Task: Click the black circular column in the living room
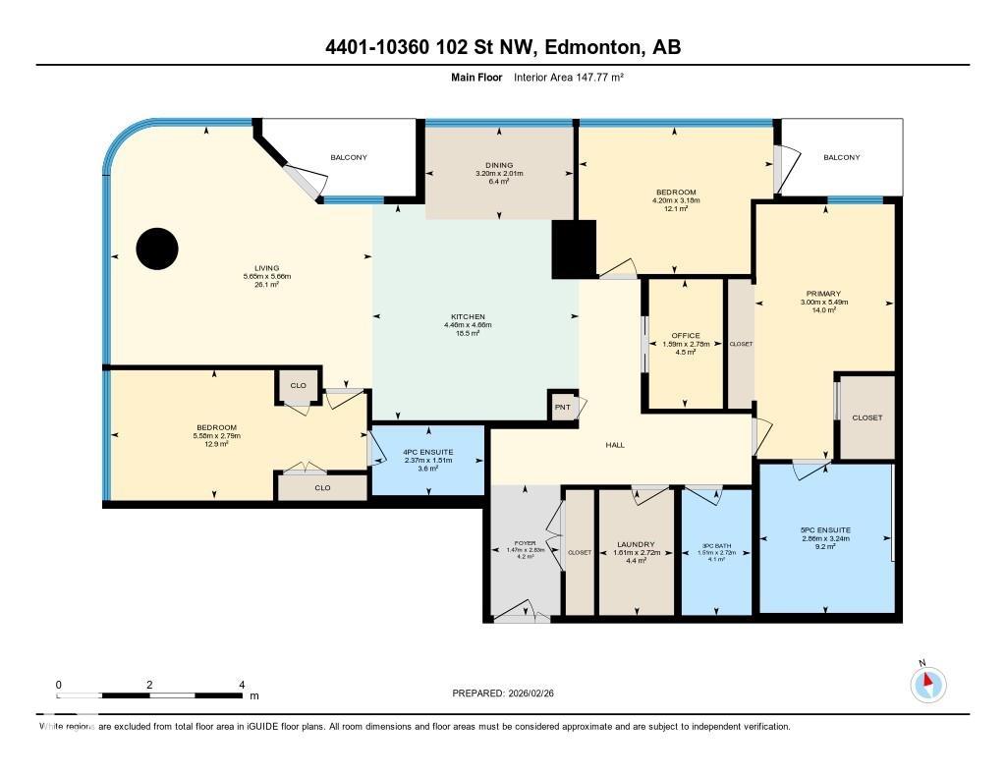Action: coord(157,249)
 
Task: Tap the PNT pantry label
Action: coord(563,407)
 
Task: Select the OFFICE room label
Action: coord(686,336)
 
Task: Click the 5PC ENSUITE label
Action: coord(825,529)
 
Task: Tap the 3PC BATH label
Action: coord(716,547)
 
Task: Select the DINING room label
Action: coord(499,165)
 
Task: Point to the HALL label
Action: coord(615,445)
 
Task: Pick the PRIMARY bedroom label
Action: coord(823,294)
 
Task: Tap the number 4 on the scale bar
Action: coord(242,684)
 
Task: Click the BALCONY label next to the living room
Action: coord(349,157)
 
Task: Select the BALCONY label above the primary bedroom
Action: coord(841,157)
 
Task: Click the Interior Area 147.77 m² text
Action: coord(570,77)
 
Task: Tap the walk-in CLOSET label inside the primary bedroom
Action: coord(866,417)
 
